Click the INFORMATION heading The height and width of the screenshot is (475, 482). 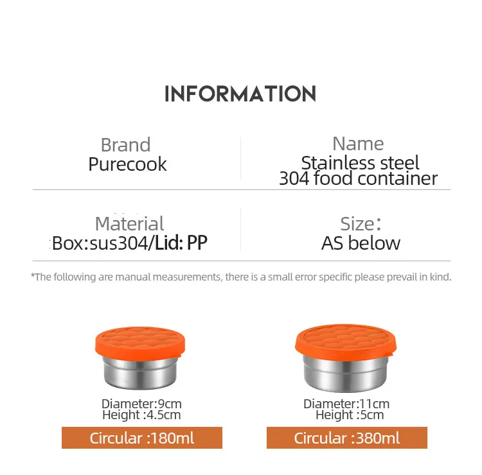[x=240, y=94]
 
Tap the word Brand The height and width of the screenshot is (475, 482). [x=126, y=144]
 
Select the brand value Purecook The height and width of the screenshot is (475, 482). [x=127, y=164]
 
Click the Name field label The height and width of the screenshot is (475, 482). [x=358, y=144]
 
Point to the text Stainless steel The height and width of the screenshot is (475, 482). [x=360, y=162]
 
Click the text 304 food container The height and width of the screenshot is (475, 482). [x=358, y=178]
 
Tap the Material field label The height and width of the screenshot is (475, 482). [x=129, y=223]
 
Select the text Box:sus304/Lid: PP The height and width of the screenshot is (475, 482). [x=130, y=243]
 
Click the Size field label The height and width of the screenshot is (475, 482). [x=360, y=223]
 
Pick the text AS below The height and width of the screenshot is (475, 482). [x=361, y=243]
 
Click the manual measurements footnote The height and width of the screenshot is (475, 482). [x=241, y=277]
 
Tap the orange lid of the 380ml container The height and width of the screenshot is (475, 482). [x=346, y=341]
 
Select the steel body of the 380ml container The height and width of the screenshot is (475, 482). [x=346, y=376]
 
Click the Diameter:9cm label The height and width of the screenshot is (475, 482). [x=141, y=404]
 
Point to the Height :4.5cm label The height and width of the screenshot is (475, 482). [x=141, y=415]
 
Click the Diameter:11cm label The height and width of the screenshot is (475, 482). [x=346, y=404]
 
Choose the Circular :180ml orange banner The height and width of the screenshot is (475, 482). [x=141, y=438]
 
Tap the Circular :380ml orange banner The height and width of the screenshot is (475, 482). [x=346, y=438]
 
